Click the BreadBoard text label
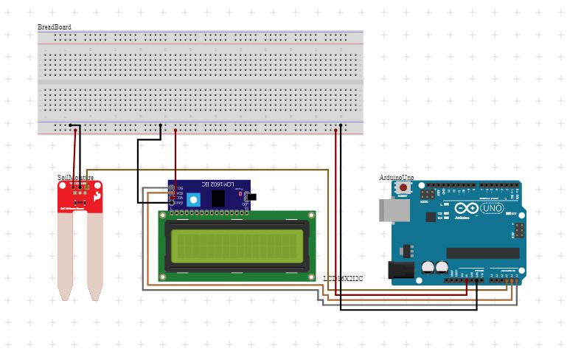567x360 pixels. tap(54, 27)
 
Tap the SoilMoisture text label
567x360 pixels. tap(75, 178)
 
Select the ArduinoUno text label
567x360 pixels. tap(396, 178)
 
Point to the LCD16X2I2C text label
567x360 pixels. tap(343, 278)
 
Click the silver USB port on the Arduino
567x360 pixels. tap(391, 210)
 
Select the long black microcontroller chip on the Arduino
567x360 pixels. tap(482, 253)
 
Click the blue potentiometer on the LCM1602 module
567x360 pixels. tap(194, 199)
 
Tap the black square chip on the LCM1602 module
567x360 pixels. tap(218, 198)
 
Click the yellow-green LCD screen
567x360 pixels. tap(236, 246)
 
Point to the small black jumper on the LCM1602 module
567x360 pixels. tap(251, 197)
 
